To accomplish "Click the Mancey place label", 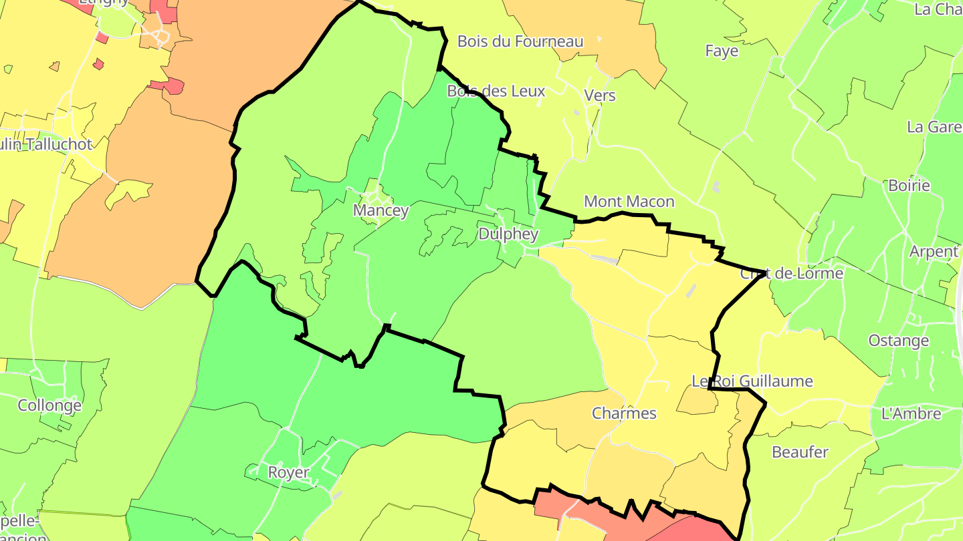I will pos(381,210).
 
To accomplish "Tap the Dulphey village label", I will pos(508,234).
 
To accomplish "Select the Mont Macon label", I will pos(629,201).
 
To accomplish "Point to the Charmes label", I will pos(624,413).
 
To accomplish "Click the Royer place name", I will pos(288,472).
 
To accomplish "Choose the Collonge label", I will pos(49,405).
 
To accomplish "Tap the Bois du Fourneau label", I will pos(520,41).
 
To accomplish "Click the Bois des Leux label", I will pos(496,91).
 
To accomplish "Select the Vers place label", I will pos(599,96).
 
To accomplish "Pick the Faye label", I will pos(722,51).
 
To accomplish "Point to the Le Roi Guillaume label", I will pos(752,381).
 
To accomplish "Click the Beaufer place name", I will pos(800,452).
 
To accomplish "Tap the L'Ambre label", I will pos(911,413).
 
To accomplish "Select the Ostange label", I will pos(898,341).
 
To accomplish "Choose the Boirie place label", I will pos(909,186).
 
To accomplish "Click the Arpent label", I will pos(934,252).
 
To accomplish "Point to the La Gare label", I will pos(934,127).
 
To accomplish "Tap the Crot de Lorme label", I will pos(791,274).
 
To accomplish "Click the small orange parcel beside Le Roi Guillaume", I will pos(697,401).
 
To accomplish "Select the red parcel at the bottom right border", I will pos(695,528).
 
